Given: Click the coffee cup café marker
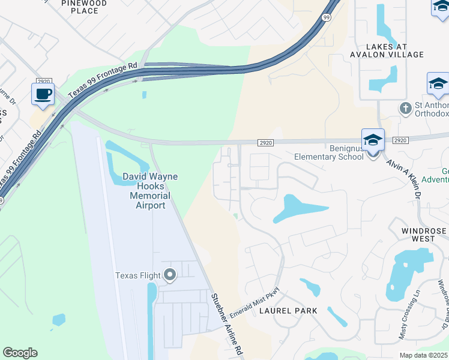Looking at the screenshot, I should (x=43, y=95).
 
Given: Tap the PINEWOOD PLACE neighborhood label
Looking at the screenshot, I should (x=84, y=7).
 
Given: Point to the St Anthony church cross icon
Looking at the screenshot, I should (x=406, y=108).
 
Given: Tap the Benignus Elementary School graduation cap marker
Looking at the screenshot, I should (x=373, y=142).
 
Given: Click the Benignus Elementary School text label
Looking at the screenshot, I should (x=328, y=152).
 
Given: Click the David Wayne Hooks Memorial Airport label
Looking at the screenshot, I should (x=144, y=191).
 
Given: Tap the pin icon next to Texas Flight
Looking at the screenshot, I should (x=170, y=275).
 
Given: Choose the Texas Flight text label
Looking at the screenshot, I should (x=137, y=276).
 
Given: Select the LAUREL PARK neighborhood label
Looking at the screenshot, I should (x=284, y=311).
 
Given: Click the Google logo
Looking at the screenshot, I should (x=20, y=353).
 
